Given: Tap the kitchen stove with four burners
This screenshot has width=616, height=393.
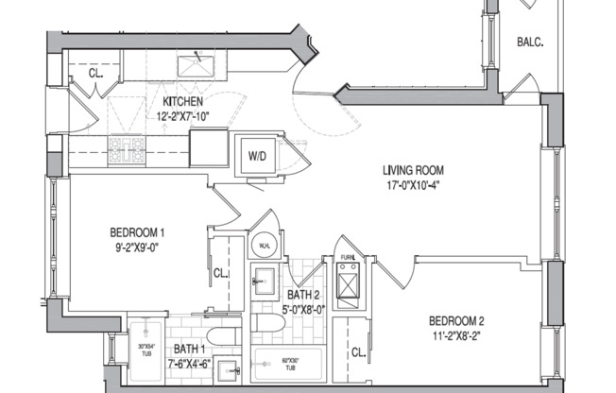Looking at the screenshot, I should coord(125,147).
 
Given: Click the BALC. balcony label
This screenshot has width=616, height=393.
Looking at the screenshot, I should coord(528,43).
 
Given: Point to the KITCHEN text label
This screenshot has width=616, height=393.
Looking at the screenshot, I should coord(182,102).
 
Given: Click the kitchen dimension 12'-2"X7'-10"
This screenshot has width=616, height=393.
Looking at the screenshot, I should coord(182,117).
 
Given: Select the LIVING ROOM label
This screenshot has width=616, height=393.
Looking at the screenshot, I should coord(413,171).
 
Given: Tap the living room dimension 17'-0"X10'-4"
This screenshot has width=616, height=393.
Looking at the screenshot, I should coord(413,185).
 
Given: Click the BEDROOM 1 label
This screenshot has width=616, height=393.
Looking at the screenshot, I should coord(138,233).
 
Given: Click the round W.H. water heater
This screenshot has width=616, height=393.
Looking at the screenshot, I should coord(264,246).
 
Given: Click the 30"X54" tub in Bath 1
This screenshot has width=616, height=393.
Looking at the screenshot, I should coord(145,350).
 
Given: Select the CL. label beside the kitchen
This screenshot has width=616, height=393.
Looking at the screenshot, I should coord(96,73).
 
